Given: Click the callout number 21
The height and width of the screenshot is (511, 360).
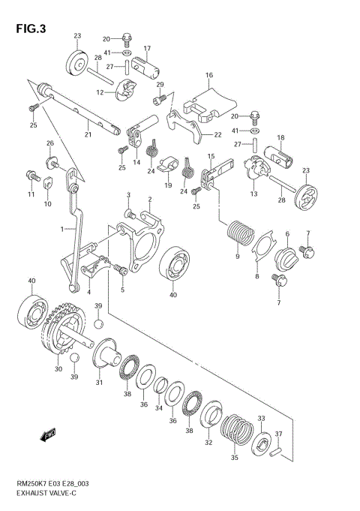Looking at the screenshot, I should click(88, 135).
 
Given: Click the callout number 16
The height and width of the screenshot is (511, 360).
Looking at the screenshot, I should click(209, 75).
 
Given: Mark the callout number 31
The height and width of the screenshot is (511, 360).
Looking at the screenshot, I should click(99, 383).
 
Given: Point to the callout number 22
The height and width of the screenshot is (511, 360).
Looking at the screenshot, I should click(217, 135).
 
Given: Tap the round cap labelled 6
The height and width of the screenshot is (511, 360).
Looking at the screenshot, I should click(287, 258).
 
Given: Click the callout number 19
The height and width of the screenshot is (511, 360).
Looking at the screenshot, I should click(169, 185).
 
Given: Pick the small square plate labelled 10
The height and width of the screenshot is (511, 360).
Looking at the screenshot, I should click(47, 182).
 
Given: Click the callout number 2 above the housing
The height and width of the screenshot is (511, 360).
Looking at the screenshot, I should click(150, 200).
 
